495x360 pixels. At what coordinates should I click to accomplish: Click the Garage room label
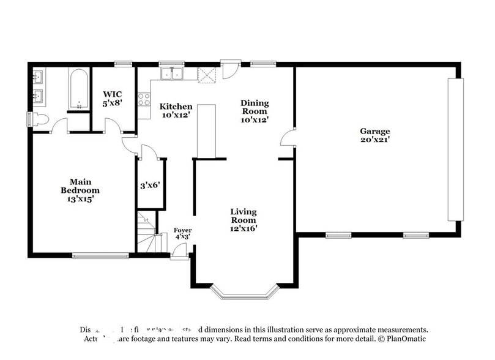tap(374, 135)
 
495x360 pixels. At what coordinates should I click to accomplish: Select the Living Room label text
tap(243, 220)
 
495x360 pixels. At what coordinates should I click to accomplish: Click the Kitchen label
tap(176, 110)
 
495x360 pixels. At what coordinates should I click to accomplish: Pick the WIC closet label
tap(113, 99)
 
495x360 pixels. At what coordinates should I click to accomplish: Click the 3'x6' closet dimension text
tap(150, 184)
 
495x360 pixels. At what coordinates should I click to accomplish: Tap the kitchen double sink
tap(173, 74)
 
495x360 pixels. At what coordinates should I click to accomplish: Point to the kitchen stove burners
tap(144, 99)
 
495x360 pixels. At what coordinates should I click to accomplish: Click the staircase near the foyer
tap(147, 233)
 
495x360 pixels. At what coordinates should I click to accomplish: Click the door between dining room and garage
tap(287, 138)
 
